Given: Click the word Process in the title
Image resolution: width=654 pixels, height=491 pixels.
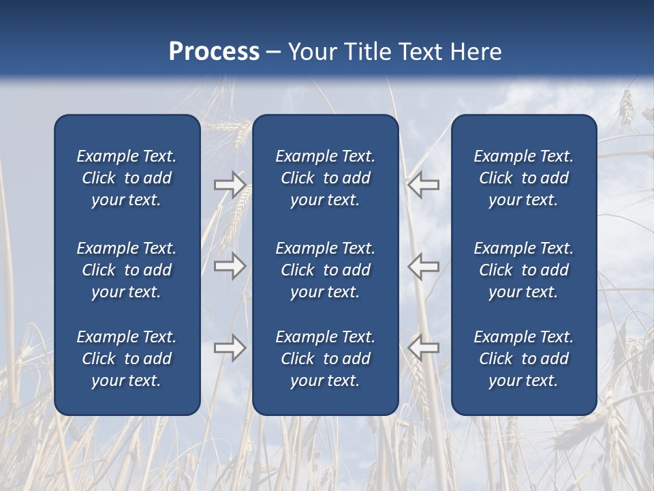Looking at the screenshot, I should (x=214, y=52).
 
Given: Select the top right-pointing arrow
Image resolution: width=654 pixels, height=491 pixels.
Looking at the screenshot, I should (x=230, y=184).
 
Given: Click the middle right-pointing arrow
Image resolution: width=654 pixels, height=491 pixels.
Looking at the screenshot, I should (x=230, y=266).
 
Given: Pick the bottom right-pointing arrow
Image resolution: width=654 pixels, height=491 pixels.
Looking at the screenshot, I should (x=230, y=348).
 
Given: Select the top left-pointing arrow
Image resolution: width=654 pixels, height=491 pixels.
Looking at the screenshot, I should (x=423, y=184).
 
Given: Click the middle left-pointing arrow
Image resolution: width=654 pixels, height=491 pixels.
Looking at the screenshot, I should (x=423, y=266).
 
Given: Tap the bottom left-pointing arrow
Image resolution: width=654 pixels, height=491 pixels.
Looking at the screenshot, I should (x=423, y=348).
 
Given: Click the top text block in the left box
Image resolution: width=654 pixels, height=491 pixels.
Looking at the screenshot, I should (x=127, y=178).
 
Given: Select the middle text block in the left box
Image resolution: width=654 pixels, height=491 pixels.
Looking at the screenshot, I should (x=127, y=270).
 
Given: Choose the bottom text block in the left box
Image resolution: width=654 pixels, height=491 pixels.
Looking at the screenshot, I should (x=127, y=359).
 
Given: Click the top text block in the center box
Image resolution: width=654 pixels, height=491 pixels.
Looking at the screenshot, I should (x=326, y=178).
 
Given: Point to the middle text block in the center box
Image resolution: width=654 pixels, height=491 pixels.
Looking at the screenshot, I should (x=326, y=270).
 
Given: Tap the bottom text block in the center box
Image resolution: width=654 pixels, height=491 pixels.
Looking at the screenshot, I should (x=326, y=359).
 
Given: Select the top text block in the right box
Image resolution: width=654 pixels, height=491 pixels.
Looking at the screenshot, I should (x=524, y=178).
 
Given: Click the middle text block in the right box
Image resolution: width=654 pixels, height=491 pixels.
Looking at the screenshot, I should (x=524, y=270).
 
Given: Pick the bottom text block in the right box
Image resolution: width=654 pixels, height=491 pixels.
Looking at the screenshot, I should (x=524, y=359).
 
